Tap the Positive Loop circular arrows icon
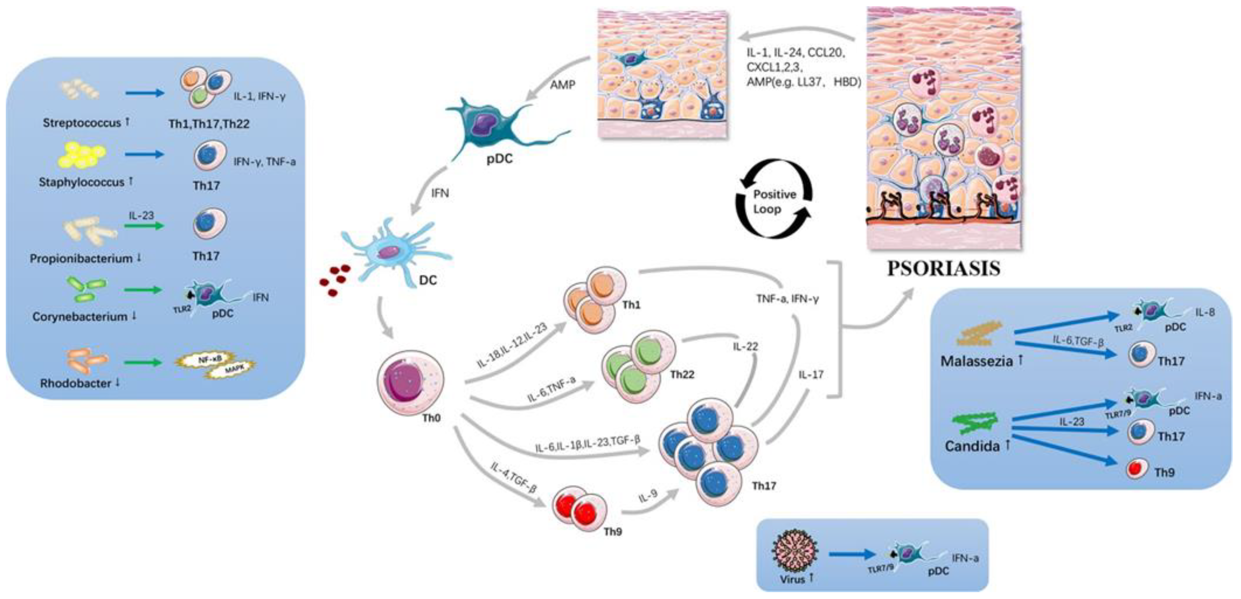pyautogui.click(x=774, y=201)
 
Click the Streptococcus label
pyautogui.click(x=82, y=123)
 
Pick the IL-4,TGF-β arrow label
pyautogui.click(x=513, y=478)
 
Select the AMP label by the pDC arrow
pyautogui.click(x=562, y=85)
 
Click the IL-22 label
pyautogui.click(x=745, y=346)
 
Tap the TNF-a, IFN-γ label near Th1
pyautogui.click(x=787, y=299)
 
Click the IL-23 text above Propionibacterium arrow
pyautogui.click(x=141, y=215)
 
